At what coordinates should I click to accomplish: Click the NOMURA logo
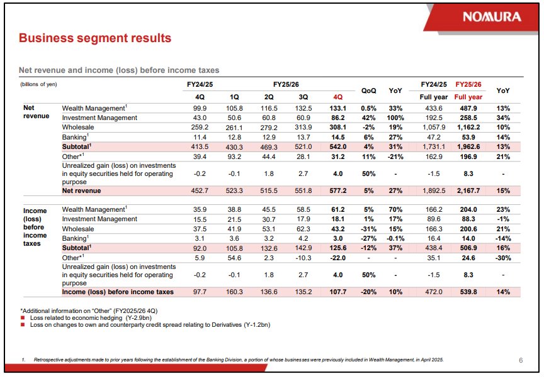point(492,16)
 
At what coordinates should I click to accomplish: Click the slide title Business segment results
point(95,38)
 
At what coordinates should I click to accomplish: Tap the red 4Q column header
point(337,97)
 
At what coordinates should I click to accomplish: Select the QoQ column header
point(368,91)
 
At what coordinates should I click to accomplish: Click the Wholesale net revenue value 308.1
point(337,127)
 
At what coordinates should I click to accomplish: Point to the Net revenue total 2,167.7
point(468,190)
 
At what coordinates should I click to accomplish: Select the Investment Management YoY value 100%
point(395,118)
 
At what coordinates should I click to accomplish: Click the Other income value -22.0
point(337,258)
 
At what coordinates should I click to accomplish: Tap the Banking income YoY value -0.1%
point(395,238)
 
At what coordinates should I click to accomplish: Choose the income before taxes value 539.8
point(468,292)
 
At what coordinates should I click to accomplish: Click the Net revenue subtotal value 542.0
point(337,146)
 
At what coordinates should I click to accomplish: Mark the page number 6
point(521,360)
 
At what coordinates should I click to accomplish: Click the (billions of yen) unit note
point(38,84)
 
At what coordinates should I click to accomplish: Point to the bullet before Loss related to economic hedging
point(23,317)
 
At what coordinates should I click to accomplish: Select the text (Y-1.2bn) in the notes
point(257,324)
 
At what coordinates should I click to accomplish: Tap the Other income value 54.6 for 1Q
point(234,258)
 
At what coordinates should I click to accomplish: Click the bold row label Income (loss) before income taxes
point(118,292)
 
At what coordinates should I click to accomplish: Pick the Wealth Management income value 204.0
point(468,209)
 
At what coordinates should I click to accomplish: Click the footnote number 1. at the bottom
point(23,360)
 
